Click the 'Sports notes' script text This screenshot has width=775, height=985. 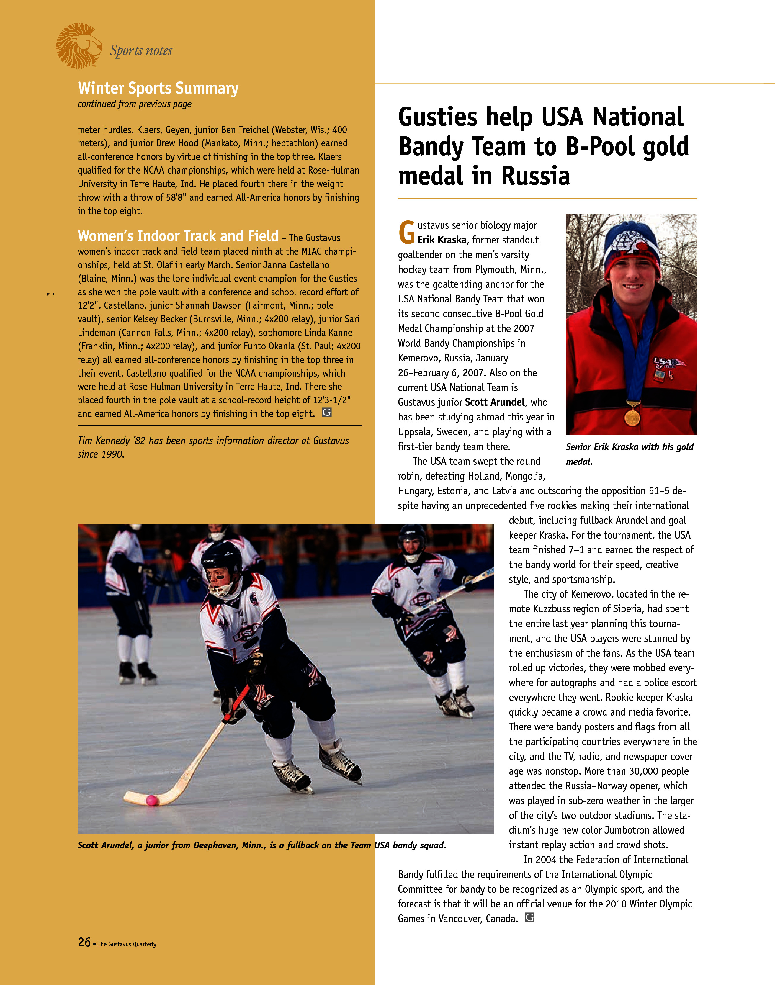click(x=141, y=50)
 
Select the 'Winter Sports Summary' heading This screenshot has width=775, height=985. click(x=158, y=88)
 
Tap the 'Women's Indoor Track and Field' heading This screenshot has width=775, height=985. click(x=178, y=236)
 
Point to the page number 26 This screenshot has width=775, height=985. click(x=84, y=942)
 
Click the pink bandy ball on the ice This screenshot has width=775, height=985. click(x=152, y=800)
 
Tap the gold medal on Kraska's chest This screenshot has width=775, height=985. click(x=632, y=416)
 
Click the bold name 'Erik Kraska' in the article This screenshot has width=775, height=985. click(x=442, y=240)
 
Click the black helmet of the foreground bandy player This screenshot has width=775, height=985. click(x=222, y=559)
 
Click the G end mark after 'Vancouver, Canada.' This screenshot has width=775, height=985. click(x=529, y=917)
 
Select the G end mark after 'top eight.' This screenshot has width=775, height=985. click(x=327, y=413)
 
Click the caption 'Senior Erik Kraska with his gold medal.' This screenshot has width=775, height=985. click(x=629, y=454)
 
